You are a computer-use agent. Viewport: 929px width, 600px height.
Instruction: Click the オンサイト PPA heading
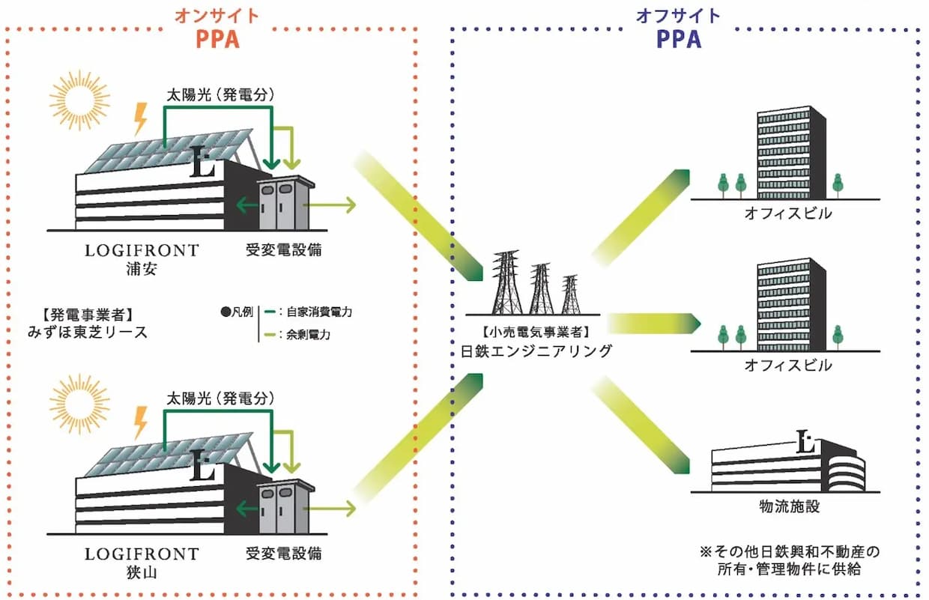click(217, 28)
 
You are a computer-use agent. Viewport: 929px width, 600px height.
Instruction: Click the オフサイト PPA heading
click(678, 28)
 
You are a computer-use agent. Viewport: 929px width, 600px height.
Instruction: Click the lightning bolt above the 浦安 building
click(140, 119)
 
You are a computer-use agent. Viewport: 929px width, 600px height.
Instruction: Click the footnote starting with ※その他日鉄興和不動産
click(790, 560)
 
